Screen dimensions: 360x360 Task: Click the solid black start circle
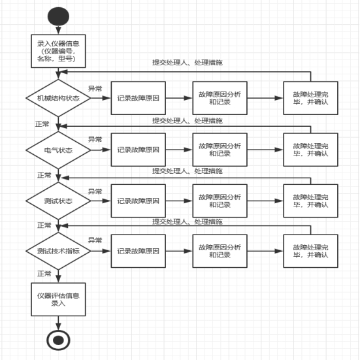(58, 16)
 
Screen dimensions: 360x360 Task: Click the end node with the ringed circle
(58, 340)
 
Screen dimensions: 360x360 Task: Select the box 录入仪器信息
(58, 51)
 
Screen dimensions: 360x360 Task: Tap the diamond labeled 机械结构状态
(58, 98)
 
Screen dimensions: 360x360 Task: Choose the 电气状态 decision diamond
(58, 150)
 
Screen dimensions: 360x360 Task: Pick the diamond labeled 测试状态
(58, 201)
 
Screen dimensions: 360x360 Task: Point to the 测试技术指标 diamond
(58, 251)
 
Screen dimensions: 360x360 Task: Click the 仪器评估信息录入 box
(58, 299)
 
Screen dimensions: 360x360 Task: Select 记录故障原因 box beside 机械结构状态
(139, 98)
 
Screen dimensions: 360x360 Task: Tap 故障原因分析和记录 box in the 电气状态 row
(220, 150)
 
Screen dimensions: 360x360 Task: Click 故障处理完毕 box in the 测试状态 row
(310, 201)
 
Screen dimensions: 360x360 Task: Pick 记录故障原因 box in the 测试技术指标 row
(139, 251)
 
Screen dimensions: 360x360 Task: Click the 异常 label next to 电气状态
(95, 139)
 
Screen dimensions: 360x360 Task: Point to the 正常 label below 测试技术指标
(44, 274)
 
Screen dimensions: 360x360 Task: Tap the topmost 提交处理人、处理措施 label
(188, 63)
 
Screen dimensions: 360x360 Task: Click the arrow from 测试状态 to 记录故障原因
(101, 201)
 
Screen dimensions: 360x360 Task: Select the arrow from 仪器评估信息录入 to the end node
(58, 323)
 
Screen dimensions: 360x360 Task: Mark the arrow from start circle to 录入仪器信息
(58, 30)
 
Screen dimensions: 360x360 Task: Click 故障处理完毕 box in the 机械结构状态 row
(310, 98)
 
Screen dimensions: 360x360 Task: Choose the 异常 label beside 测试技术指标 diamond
(95, 240)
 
